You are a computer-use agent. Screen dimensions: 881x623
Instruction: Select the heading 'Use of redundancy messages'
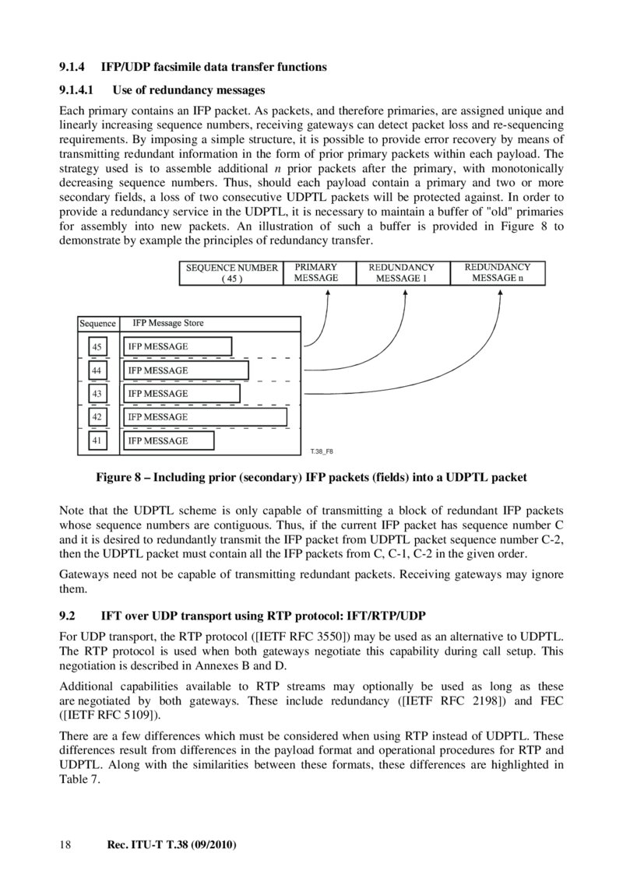[x=188, y=90]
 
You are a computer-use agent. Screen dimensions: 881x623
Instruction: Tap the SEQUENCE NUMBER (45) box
[x=232, y=273]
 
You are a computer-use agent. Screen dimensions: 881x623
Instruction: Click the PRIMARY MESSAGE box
[x=316, y=273]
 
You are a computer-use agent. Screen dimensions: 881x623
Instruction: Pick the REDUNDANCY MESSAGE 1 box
[x=401, y=273]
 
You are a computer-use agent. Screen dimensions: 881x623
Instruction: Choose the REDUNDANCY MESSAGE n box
[x=498, y=273]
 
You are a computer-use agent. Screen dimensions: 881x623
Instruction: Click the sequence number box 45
[x=97, y=346]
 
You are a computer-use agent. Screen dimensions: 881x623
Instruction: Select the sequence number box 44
[x=97, y=370]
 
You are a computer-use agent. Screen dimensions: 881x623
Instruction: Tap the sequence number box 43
[x=97, y=394]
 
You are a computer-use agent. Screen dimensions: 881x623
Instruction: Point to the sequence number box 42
[x=97, y=417]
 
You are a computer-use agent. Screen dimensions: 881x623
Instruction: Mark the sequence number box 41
[x=97, y=441]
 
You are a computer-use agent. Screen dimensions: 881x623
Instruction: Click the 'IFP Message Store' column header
[x=168, y=323]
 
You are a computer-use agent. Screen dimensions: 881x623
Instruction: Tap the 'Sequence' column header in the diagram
[x=97, y=324]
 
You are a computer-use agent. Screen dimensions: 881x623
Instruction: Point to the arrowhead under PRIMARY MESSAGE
[x=328, y=292]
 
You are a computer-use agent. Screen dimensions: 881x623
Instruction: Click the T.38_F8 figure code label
[x=322, y=451]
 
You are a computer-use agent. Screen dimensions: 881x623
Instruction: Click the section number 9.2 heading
[x=68, y=616]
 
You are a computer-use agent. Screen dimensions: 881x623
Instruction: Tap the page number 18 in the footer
[x=65, y=844]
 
